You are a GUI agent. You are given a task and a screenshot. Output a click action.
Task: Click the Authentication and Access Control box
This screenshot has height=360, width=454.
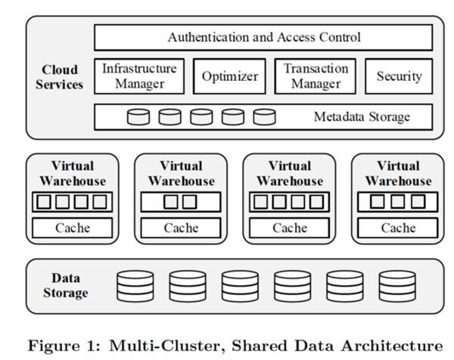263,37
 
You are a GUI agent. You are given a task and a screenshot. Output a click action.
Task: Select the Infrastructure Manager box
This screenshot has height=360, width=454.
140,76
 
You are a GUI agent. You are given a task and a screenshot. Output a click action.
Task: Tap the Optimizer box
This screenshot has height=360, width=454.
229,76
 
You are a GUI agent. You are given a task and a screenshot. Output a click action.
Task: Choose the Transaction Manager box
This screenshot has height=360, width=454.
316,76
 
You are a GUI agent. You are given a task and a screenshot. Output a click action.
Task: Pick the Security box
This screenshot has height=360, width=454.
399,76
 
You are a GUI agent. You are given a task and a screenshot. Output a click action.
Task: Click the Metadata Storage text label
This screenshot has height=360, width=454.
362,117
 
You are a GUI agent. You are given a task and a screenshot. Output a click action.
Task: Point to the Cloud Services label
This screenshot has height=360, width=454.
59,76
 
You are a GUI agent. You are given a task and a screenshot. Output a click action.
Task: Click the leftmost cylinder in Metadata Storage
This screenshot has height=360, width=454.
138,117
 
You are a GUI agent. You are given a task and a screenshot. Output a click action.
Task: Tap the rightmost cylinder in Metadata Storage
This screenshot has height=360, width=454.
264,117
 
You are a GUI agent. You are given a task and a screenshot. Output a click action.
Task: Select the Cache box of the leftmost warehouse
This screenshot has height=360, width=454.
73,228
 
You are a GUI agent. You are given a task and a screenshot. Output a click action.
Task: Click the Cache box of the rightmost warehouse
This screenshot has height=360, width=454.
398,228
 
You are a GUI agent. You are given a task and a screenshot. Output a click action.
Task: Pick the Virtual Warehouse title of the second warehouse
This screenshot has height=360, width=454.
181,173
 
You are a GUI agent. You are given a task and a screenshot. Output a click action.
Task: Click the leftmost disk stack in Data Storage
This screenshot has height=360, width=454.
135,286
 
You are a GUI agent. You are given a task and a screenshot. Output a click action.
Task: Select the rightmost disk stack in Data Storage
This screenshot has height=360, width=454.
397,286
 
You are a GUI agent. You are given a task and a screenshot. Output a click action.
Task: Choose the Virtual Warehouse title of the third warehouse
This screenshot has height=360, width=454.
289,173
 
